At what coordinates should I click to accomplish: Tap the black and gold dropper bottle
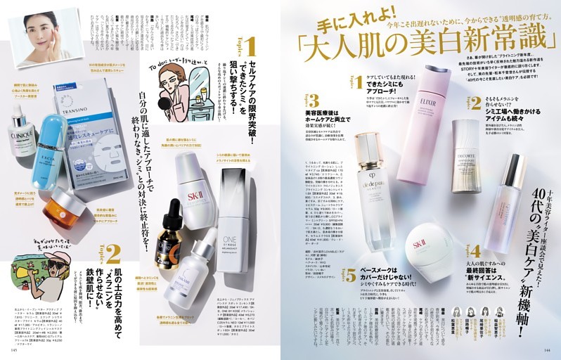169,247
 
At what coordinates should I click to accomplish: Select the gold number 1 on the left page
249,49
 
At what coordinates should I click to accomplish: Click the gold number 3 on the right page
313,100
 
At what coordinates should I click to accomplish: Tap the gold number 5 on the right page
350,276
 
